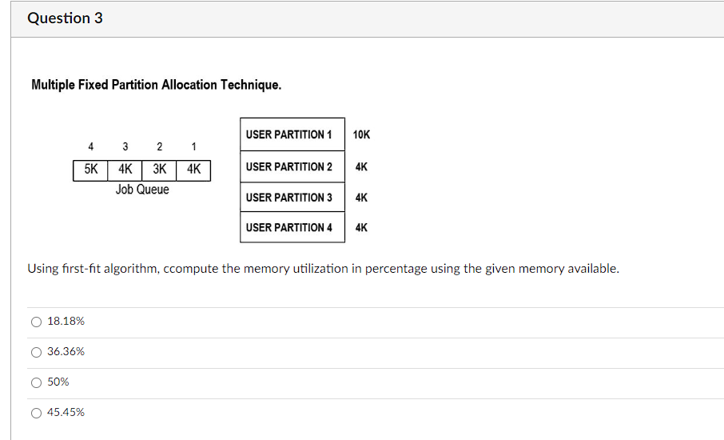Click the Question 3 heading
[x=65, y=18]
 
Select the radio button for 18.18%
[x=36, y=322]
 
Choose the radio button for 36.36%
[x=36, y=352]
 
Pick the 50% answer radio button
[x=36, y=382]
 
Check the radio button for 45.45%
[x=36, y=413]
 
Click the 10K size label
[x=361, y=134]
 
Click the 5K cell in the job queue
[x=90, y=170]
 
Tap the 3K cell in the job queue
[x=160, y=170]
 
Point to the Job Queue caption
[x=142, y=190]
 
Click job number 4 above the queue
[x=90, y=146]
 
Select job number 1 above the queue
[x=193, y=146]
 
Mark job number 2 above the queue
[x=159, y=146]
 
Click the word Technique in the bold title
[x=251, y=85]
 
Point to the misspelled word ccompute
[x=191, y=269]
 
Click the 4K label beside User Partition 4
[x=361, y=227]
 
